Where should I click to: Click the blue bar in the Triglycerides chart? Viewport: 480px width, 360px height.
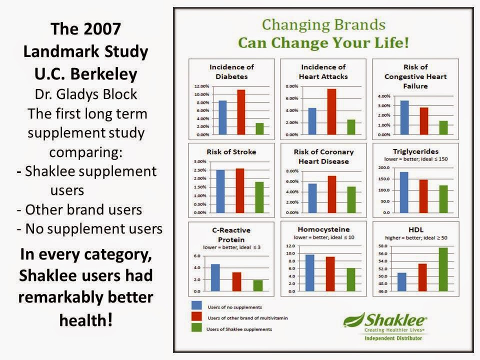tap(403, 192)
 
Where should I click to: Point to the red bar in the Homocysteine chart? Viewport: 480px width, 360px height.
tap(330, 273)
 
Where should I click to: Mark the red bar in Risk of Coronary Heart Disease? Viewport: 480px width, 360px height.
tap(331, 194)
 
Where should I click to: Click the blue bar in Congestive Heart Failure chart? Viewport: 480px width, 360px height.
tap(404, 117)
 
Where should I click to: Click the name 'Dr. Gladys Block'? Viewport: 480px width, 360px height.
tap(86, 94)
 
